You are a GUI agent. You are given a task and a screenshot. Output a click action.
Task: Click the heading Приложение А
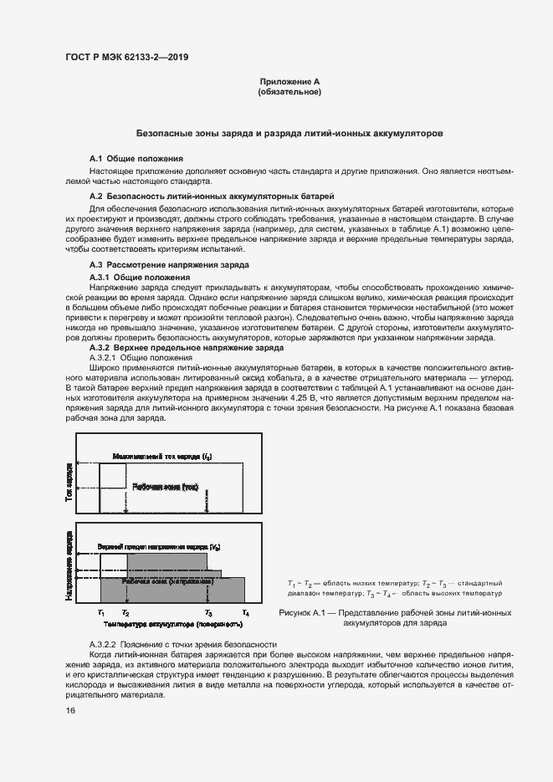pos(289,81)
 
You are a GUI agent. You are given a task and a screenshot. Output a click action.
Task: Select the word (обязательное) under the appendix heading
pos(289,92)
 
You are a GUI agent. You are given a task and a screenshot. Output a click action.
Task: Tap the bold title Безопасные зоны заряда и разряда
pos(289,133)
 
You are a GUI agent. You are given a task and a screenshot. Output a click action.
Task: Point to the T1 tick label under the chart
pos(100,613)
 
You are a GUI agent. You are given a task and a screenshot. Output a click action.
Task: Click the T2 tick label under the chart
pos(125,613)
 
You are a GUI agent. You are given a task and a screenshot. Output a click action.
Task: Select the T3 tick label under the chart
pos(208,613)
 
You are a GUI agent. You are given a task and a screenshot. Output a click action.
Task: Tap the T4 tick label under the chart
pos(245,613)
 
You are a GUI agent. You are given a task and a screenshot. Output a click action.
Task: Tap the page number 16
pos(70,711)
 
